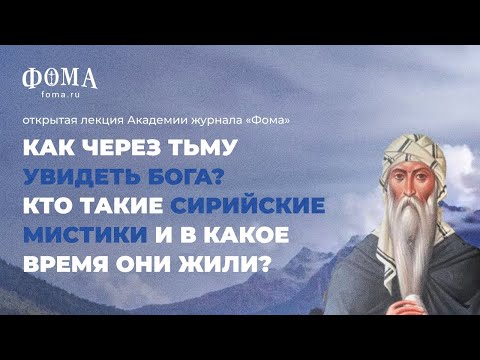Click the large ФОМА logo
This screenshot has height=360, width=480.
coord(60,78)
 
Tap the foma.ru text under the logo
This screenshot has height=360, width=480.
coord(60,97)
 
